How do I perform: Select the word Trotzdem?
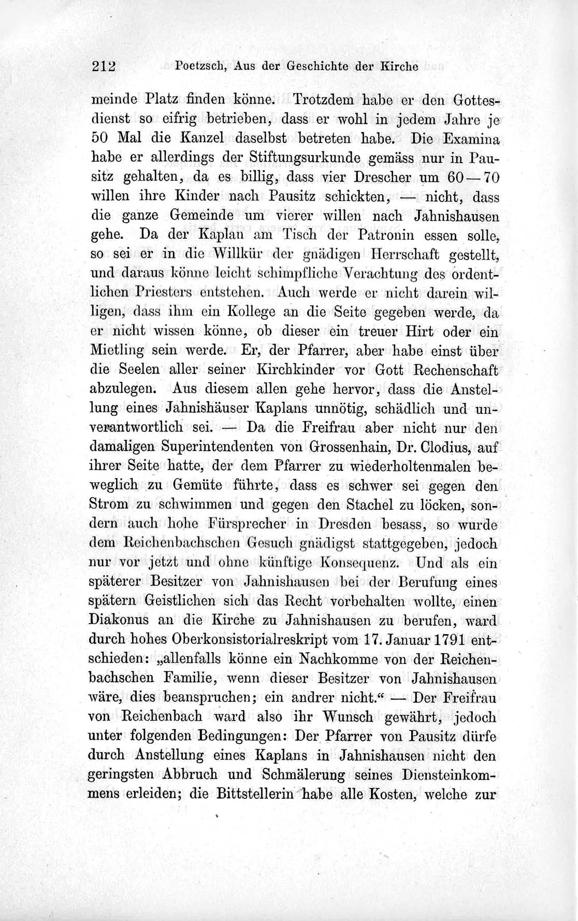click(x=318, y=99)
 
